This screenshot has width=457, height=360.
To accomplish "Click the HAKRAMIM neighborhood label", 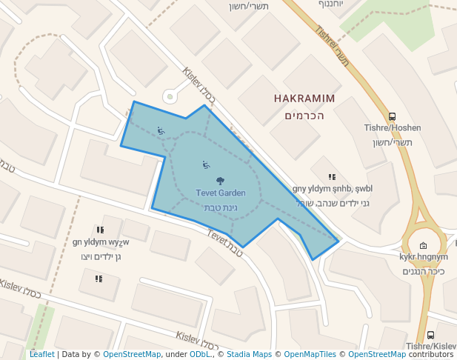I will click(x=304, y=99).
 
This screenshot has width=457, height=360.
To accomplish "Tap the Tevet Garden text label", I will click(x=221, y=193).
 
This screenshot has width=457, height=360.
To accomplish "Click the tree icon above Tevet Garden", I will click(x=221, y=181).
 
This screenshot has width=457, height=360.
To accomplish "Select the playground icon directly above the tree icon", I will click(x=206, y=164).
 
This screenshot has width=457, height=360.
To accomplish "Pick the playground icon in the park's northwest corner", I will click(x=161, y=131).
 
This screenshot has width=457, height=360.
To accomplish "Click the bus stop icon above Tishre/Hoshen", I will click(x=392, y=116).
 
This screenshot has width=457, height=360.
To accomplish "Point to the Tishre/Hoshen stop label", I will click(x=392, y=127).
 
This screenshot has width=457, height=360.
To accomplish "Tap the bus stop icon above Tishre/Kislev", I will click(x=431, y=336).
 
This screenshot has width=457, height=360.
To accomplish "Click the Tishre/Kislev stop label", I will click(x=431, y=347).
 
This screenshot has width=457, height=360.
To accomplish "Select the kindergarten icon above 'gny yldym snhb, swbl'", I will click(x=333, y=177).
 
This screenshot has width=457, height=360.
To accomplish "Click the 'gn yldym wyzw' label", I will click(x=101, y=242).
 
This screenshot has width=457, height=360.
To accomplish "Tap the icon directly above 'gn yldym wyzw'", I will click(x=100, y=230).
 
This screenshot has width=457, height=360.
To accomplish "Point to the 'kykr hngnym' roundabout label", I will click(x=423, y=257).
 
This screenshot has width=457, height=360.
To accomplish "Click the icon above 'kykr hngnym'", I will click(x=423, y=245).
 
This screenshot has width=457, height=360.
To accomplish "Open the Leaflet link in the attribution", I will click(x=41, y=355).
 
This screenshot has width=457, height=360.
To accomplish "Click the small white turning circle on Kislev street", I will click(x=170, y=96).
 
